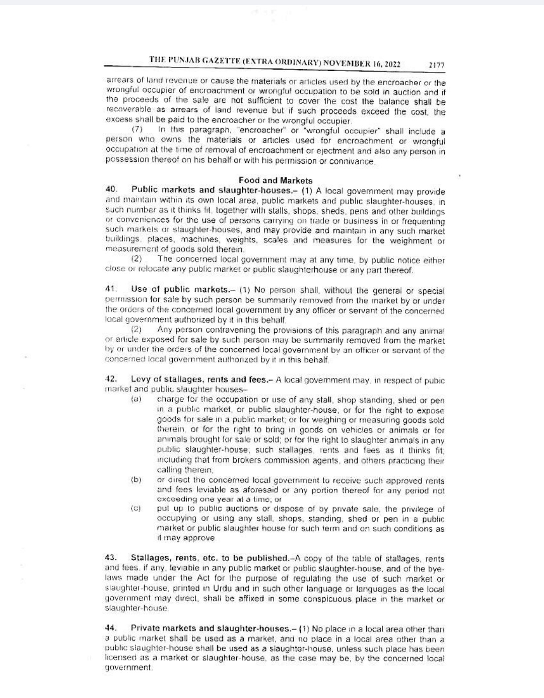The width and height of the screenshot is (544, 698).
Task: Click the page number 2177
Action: click(436, 65)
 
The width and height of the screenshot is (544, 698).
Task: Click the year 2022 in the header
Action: click(391, 64)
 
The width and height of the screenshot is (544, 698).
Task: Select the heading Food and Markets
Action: click(276, 180)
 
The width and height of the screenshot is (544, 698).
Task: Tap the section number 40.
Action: click(111, 189)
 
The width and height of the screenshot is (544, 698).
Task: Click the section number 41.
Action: click(111, 289)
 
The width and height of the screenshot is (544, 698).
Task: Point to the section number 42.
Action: click(111, 378)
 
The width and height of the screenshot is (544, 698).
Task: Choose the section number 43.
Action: click(111, 558)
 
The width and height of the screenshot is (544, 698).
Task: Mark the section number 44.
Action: click(111, 628)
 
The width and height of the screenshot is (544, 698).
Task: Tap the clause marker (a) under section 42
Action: click(135, 400)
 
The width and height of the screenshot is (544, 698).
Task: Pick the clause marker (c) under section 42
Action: click(135, 509)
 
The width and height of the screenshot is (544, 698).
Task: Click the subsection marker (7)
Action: click(137, 130)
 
